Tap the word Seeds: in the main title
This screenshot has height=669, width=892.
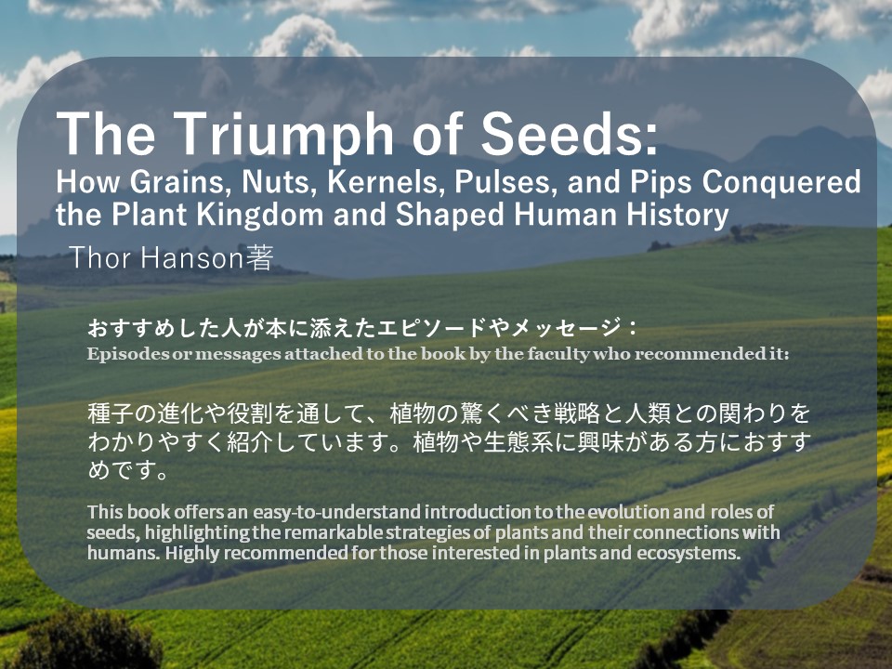point(570,133)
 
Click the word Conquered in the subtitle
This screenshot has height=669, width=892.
point(781,183)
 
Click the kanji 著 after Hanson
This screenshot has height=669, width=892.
point(259,257)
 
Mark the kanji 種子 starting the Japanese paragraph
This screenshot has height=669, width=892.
point(111,413)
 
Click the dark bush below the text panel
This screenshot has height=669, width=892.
point(85,640)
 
